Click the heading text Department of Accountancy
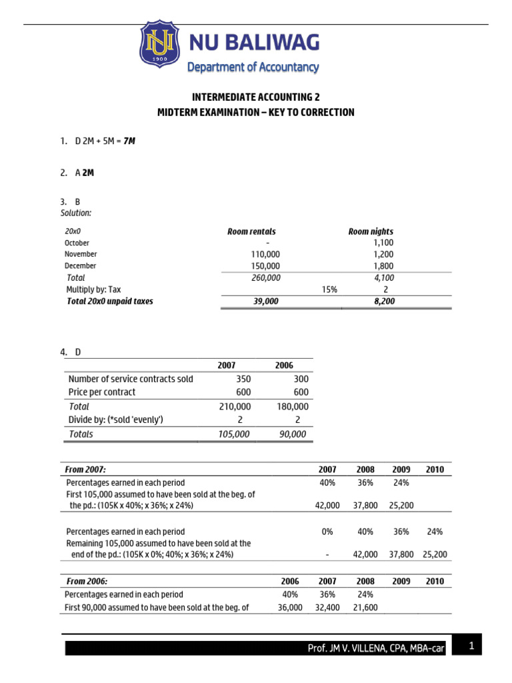pos(253,67)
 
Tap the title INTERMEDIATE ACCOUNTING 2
pos(255,97)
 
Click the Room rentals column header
pos(251,231)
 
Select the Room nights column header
pos(371,231)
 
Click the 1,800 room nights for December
pos(383,265)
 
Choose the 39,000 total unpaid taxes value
pos(266,301)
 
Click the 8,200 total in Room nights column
pos(383,301)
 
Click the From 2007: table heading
pos(87,470)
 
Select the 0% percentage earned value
pos(327,532)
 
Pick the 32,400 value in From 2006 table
pos(327,607)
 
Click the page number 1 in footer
pos(471,646)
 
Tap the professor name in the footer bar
pos(375,648)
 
